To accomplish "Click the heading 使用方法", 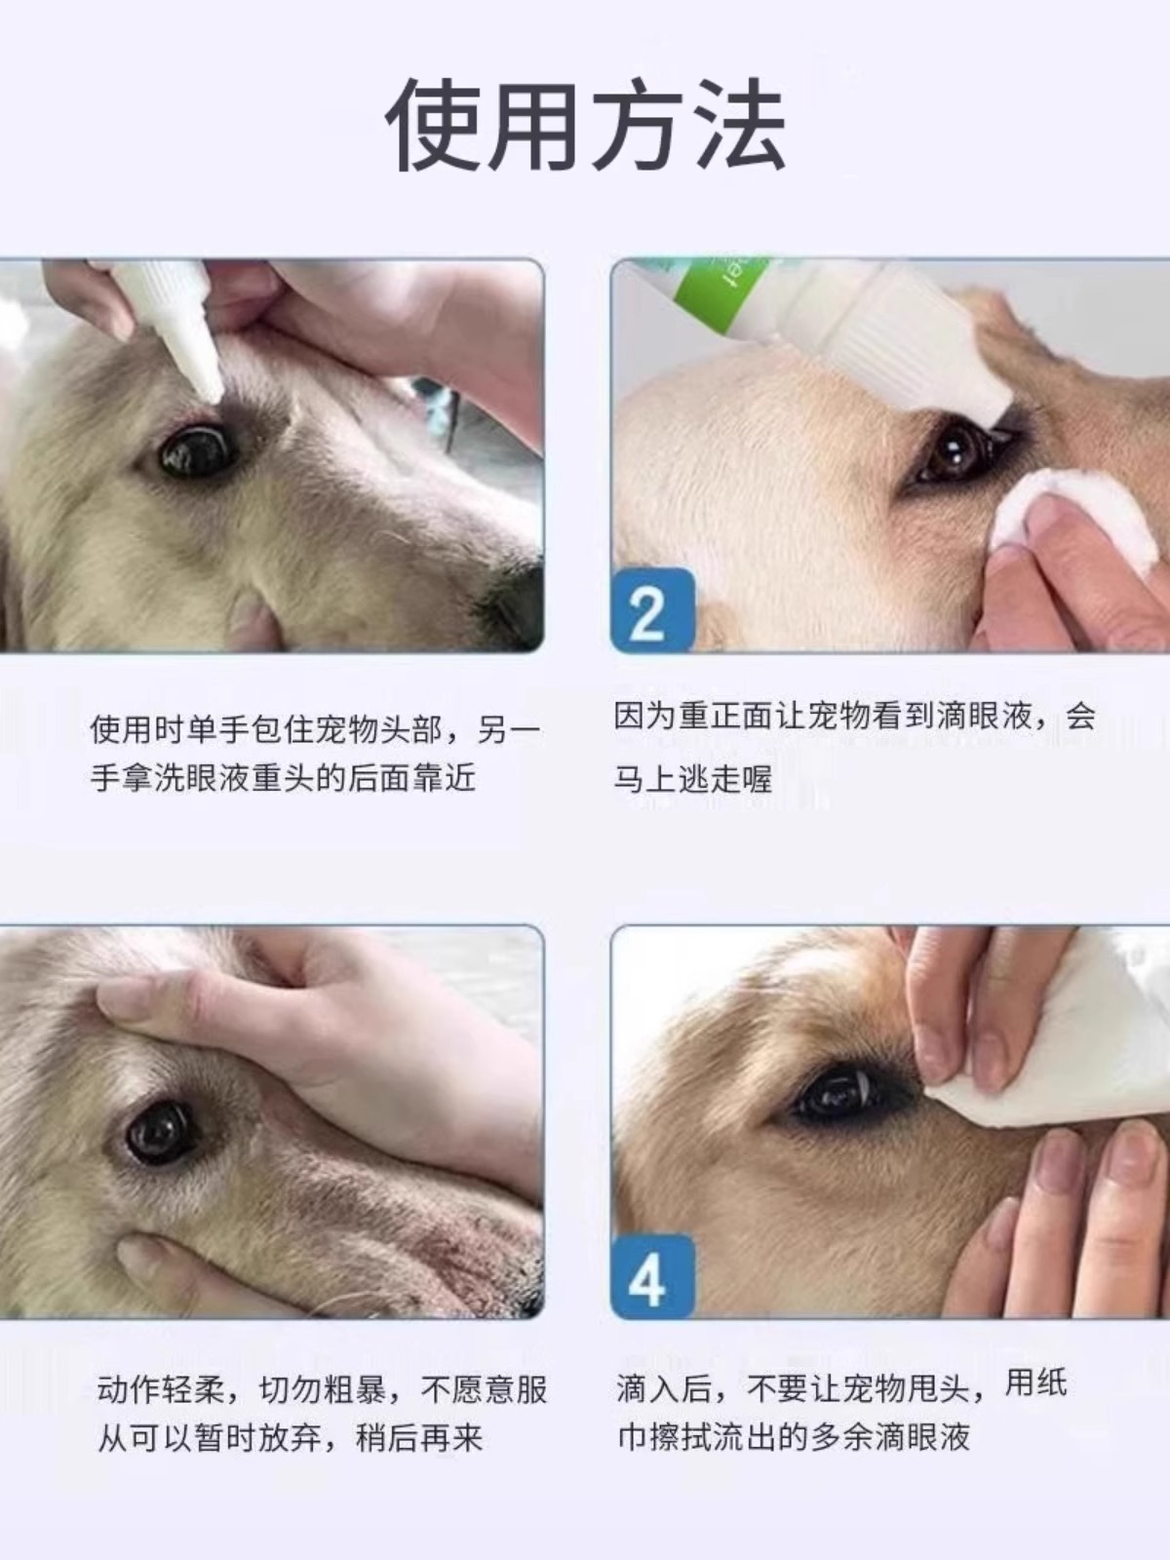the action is point(585,125).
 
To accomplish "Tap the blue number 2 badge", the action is point(652,609).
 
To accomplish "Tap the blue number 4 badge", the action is point(652,1275).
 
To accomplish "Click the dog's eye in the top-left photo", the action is point(195,449).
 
